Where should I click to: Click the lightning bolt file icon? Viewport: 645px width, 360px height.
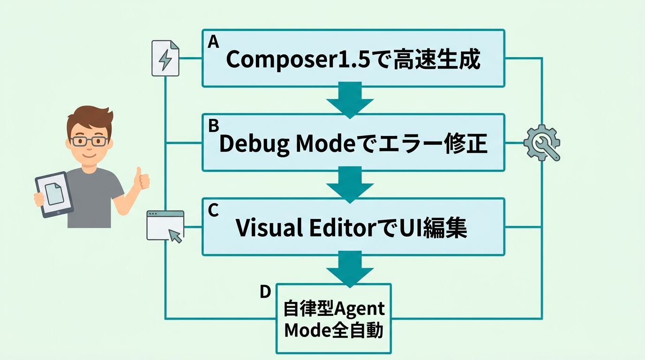point(165,58)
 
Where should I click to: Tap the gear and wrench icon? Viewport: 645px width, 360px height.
point(542,142)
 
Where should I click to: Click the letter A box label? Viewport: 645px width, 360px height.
point(213,42)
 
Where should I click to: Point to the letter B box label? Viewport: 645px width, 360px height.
point(214,126)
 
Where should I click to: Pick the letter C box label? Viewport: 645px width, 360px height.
point(213,210)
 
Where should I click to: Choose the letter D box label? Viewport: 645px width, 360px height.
point(265,292)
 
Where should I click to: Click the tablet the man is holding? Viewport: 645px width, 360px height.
point(54,194)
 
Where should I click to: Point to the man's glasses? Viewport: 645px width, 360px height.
point(89,141)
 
